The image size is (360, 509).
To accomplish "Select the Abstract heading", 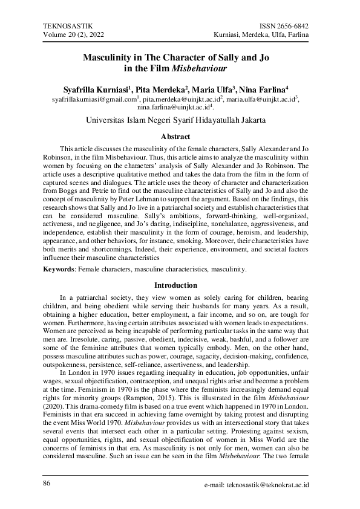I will pyautogui.click(x=180, y=137).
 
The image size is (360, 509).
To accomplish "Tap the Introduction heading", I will pyautogui.click(x=180, y=285).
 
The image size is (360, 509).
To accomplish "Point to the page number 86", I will pyautogui.click(x=48, y=484).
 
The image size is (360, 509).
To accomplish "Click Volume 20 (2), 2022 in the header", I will pyautogui.click(x=72, y=36).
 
